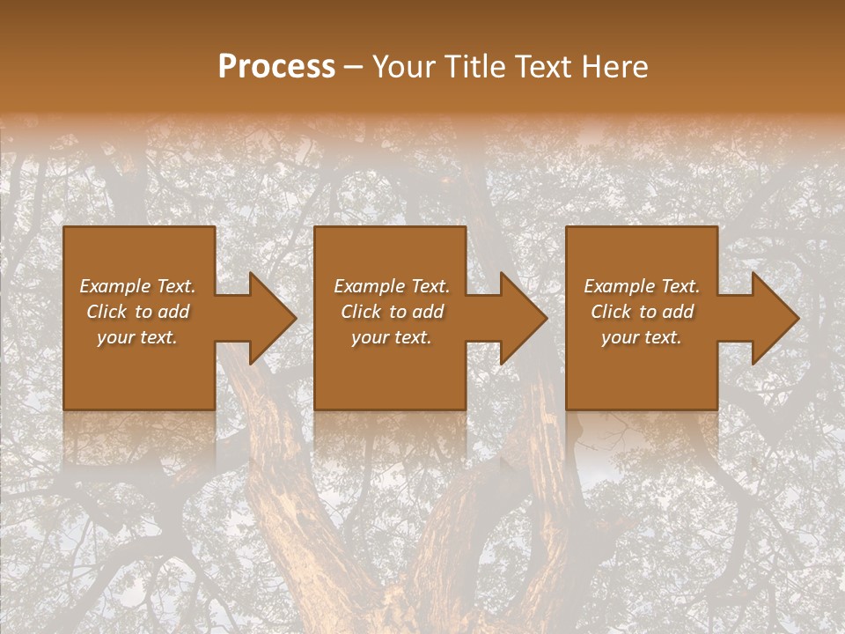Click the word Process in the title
(276, 67)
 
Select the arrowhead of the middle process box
(522, 319)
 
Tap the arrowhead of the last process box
(774, 319)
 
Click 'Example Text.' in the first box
(138, 286)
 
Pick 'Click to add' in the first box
(138, 312)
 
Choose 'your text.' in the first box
(138, 337)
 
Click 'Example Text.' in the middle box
(392, 286)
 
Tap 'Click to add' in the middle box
(392, 312)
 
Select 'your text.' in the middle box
(392, 337)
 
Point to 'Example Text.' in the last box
(642, 286)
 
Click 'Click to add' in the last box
(642, 312)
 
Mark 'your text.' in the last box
(642, 337)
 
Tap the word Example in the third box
(620, 286)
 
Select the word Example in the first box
(115, 286)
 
